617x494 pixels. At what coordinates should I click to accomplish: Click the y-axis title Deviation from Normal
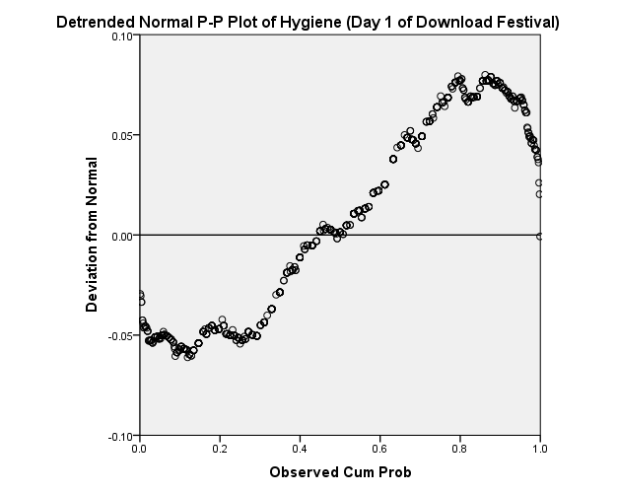(x=93, y=235)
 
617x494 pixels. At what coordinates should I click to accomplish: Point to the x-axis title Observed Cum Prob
(x=340, y=472)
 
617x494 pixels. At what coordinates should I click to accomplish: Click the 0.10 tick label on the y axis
(x=121, y=35)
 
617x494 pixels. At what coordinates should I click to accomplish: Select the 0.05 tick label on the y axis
(x=121, y=135)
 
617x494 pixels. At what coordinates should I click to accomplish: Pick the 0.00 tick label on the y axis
(x=121, y=236)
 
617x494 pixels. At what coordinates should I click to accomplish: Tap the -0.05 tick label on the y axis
(x=119, y=335)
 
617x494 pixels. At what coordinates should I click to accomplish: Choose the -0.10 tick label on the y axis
(x=119, y=436)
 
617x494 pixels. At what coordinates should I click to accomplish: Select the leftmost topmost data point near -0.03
(x=140, y=294)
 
